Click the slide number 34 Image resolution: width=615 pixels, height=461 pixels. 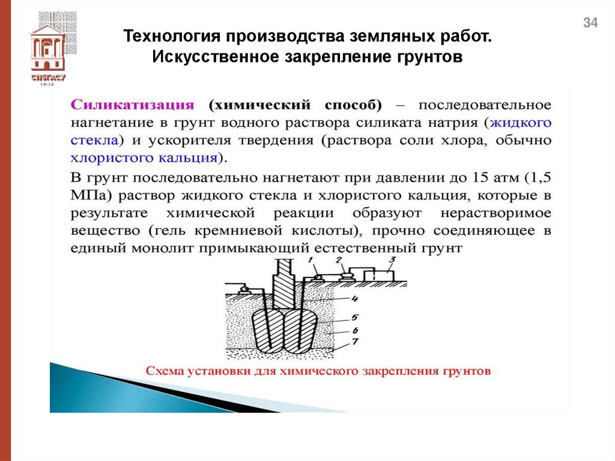(x=590, y=23)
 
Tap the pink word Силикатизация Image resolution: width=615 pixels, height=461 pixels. (x=133, y=105)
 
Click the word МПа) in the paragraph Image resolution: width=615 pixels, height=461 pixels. (x=92, y=196)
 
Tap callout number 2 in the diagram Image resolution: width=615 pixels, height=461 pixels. (x=339, y=260)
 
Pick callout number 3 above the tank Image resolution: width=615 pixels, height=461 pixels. (x=391, y=260)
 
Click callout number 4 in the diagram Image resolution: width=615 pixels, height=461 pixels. (x=355, y=299)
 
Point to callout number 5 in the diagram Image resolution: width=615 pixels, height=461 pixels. (x=355, y=316)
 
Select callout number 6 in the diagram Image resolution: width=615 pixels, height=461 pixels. (x=355, y=330)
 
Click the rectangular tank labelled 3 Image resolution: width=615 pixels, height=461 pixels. (x=378, y=275)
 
